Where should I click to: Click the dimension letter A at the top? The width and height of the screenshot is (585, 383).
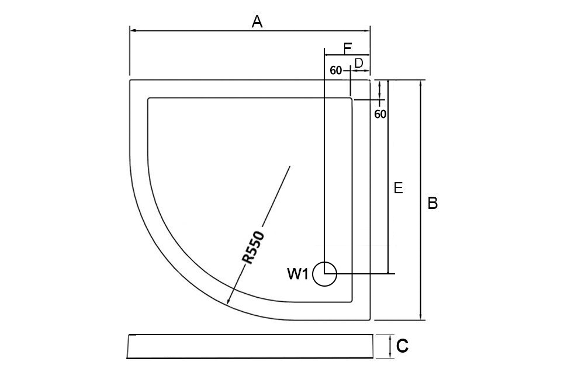tap(257, 22)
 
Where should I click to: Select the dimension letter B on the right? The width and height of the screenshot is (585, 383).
tap(432, 203)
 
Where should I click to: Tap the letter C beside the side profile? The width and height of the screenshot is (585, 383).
tap(402, 347)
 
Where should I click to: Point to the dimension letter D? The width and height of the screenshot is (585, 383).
tap(359, 62)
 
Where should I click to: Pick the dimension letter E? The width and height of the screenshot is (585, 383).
tap(398, 188)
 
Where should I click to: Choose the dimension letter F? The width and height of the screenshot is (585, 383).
tap(347, 47)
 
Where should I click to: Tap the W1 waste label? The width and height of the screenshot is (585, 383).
tap(297, 274)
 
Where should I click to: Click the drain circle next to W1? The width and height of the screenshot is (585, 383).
tap(324, 274)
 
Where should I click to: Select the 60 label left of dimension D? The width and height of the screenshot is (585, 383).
tap(336, 71)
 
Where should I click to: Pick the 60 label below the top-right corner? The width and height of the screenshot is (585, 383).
tap(380, 114)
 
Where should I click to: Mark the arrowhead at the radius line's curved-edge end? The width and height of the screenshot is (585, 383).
tap(229, 302)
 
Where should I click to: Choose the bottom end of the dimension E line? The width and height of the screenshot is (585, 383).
tap(389, 273)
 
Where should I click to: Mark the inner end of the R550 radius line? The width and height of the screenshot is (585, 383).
tap(290, 167)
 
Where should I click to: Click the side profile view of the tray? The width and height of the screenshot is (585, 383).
tap(250, 346)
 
